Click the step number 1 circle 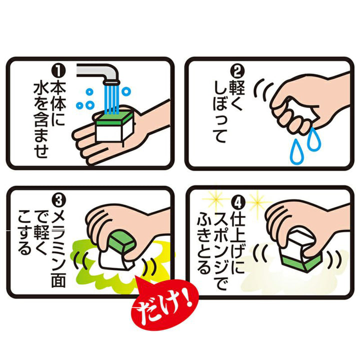[58, 71]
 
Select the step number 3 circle [59, 201]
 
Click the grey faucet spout [101, 73]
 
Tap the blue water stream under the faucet [112, 99]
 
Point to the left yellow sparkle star [216, 199]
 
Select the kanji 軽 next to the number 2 [237, 87]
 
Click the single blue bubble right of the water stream [126, 91]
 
